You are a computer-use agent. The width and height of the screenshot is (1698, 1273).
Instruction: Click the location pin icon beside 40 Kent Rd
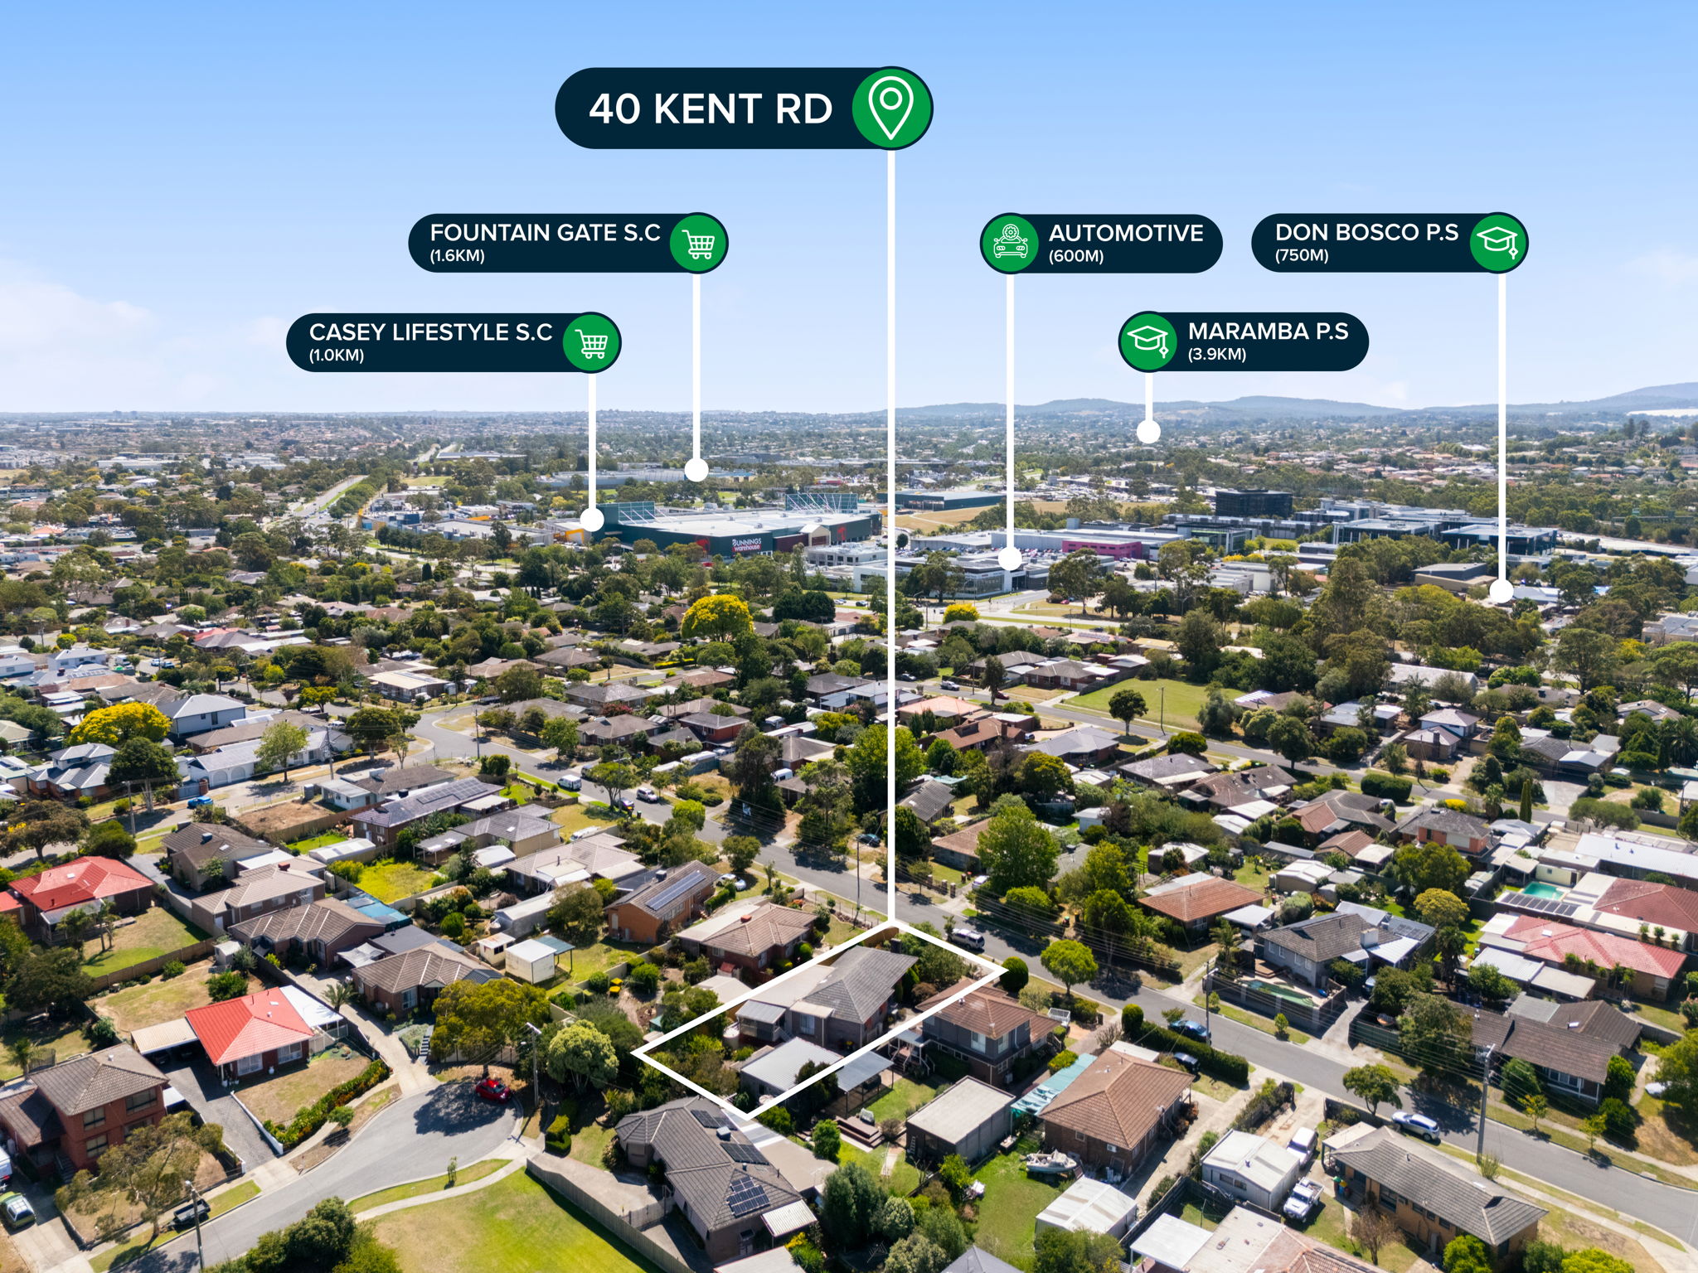pyautogui.click(x=890, y=109)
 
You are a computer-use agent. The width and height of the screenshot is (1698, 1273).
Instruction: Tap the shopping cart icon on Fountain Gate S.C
pyautogui.click(x=698, y=244)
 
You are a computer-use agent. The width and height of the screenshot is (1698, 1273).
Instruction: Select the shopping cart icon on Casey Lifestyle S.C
pyautogui.click(x=592, y=342)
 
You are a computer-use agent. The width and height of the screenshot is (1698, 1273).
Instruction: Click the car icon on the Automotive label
pyautogui.click(x=1010, y=244)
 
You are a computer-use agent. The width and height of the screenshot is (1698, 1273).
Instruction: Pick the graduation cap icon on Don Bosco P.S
pyautogui.click(x=1499, y=242)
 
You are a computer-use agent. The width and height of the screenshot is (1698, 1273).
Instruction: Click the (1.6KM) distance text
pyautogui.click(x=457, y=255)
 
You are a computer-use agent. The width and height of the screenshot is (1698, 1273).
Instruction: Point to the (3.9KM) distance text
pyautogui.click(x=1217, y=355)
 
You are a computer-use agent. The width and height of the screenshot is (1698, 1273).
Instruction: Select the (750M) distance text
pyautogui.click(x=1302, y=255)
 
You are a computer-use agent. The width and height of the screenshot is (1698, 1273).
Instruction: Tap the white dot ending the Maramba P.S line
pyautogui.click(x=1148, y=431)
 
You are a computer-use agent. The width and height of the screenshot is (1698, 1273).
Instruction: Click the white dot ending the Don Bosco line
pyautogui.click(x=1502, y=591)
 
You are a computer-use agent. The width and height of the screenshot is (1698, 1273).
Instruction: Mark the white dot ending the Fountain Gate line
pyautogui.click(x=696, y=471)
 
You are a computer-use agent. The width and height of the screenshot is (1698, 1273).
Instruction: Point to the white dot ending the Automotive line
pyautogui.click(x=1010, y=559)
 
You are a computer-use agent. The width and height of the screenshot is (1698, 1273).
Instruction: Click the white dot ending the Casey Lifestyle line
pyautogui.click(x=592, y=520)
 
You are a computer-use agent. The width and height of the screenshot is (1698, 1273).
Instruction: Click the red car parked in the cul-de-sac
pyautogui.click(x=492, y=1089)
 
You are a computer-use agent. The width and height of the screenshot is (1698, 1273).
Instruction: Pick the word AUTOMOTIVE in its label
pyautogui.click(x=1126, y=233)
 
